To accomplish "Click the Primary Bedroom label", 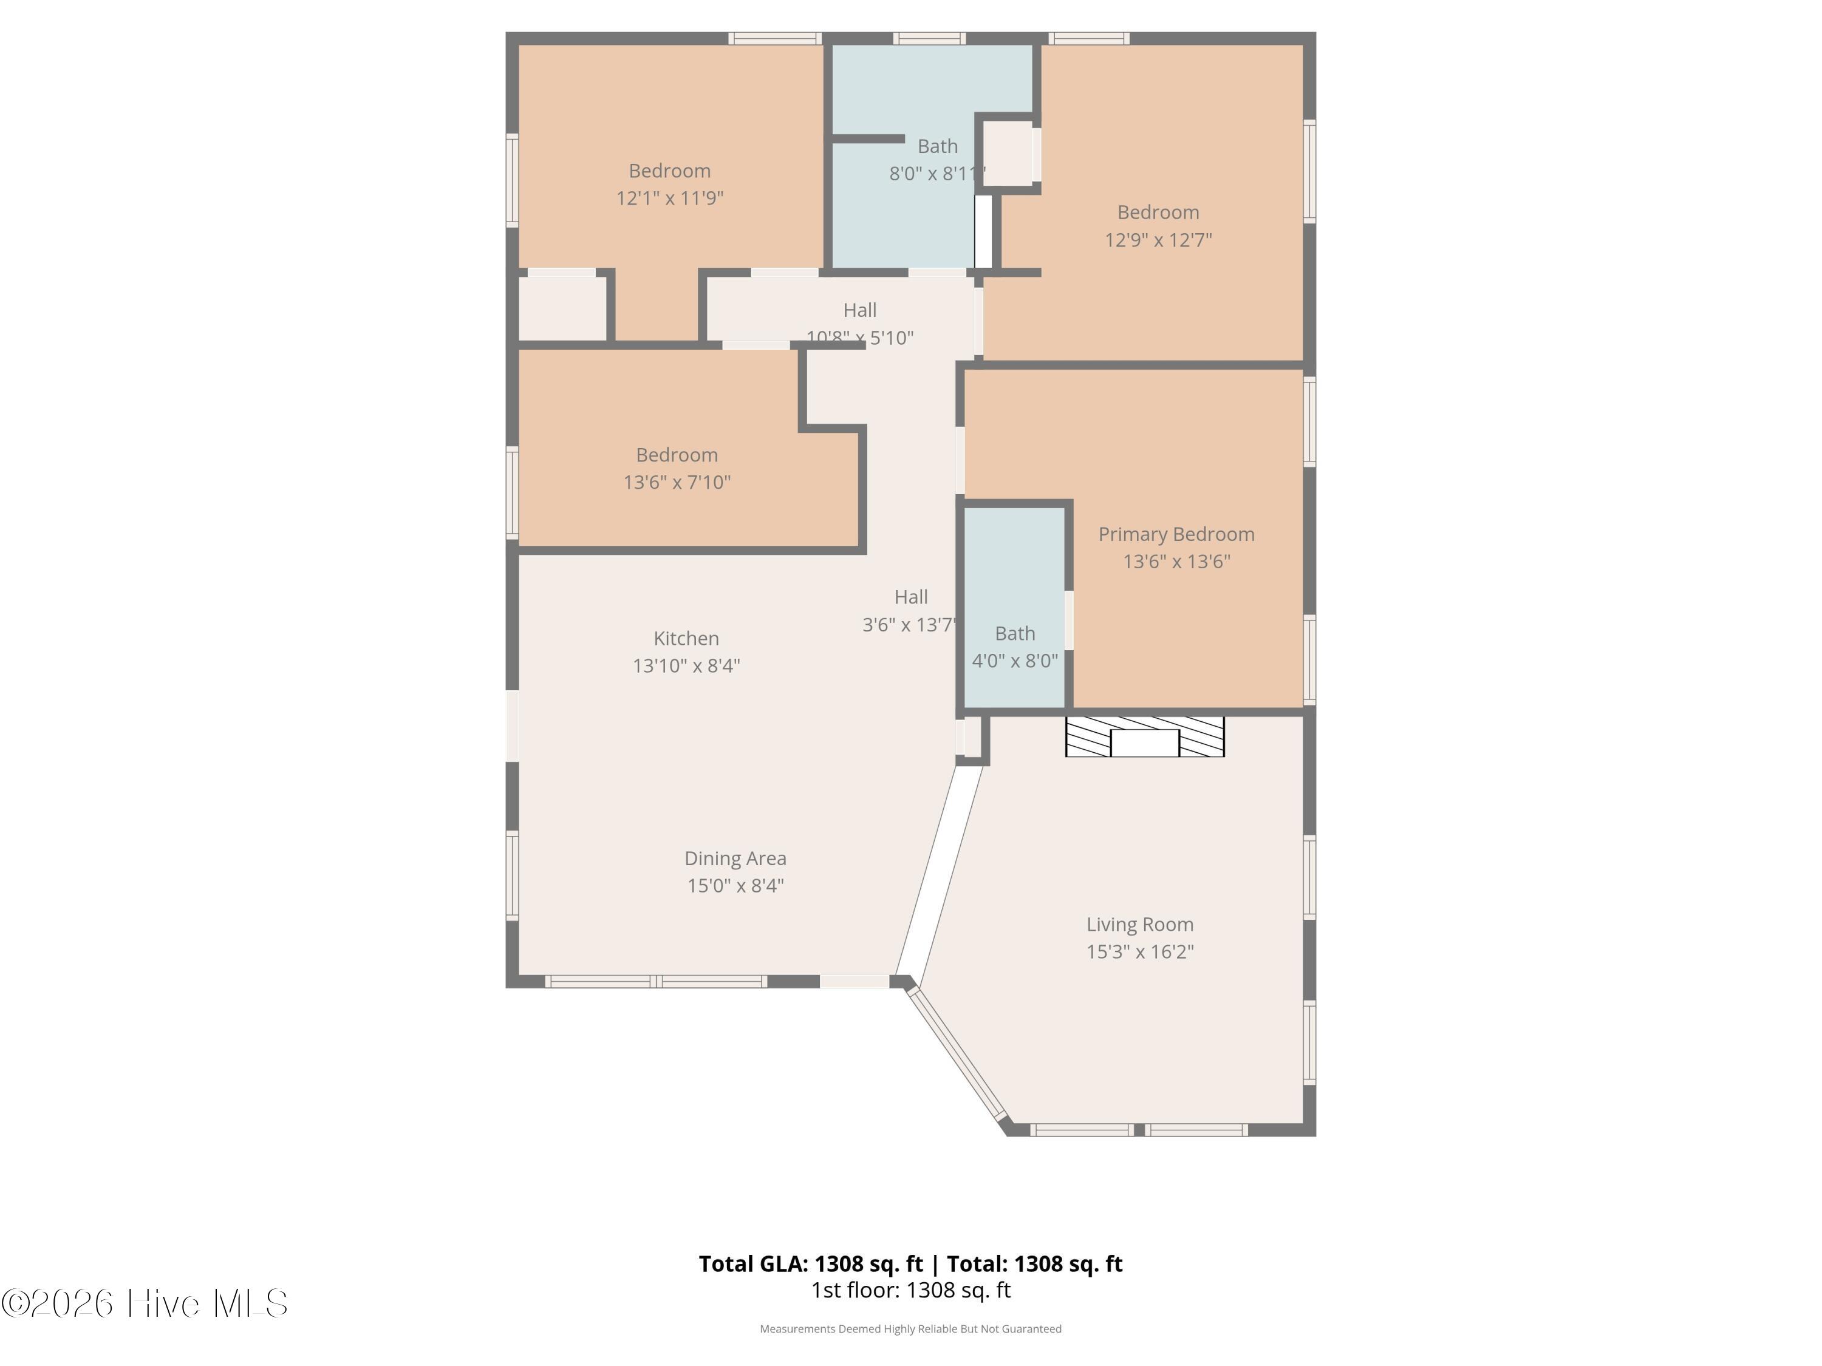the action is click(1176, 534).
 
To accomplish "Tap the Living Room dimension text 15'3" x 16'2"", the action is click(1140, 952).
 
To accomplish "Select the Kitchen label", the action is click(686, 638).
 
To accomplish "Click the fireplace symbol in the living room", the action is click(1145, 737).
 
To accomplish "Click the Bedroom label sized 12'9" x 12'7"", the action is click(1158, 212).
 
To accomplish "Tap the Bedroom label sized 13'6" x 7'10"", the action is click(677, 455).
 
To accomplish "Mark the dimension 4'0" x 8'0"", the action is click(1015, 661).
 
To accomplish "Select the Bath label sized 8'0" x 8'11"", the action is click(937, 146).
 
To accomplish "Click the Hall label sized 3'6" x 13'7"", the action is click(911, 597).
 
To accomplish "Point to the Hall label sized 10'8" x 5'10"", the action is click(860, 310).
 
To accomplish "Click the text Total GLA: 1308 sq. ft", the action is click(811, 1264).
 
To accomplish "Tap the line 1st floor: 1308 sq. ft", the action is click(911, 1290).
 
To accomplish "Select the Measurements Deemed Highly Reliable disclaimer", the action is click(910, 1329).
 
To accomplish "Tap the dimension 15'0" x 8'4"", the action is click(735, 886).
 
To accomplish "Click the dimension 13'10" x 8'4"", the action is click(686, 666).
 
